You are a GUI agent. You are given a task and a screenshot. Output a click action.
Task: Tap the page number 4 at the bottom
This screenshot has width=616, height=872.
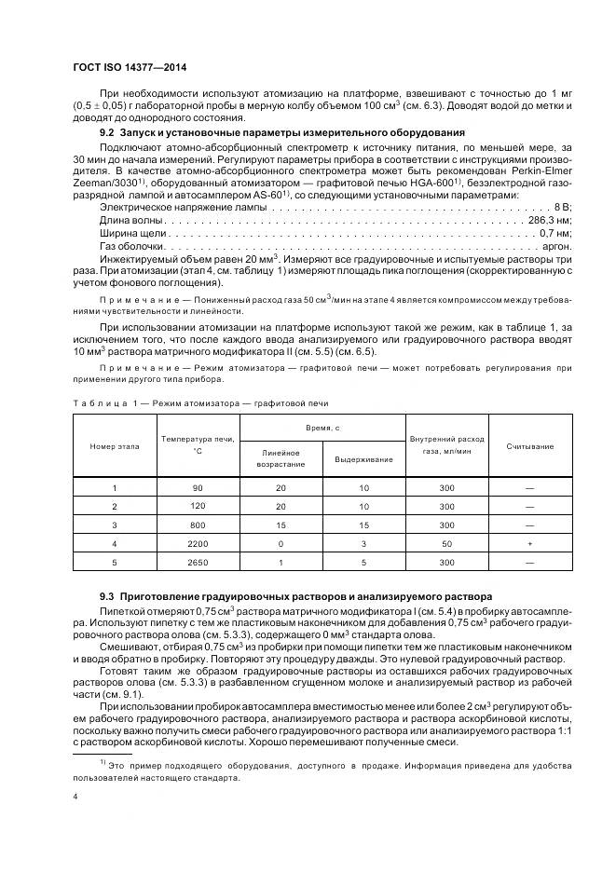tap(75, 797)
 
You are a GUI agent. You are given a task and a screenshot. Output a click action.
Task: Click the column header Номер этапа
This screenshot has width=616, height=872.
tap(115, 446)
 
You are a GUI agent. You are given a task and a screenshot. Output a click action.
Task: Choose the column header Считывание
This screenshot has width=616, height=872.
tap(529, 446)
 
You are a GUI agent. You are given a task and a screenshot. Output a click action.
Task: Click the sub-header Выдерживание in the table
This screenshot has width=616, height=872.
tap(358, 458)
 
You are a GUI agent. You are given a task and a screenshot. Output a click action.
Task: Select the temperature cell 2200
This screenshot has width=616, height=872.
tap(197, 542)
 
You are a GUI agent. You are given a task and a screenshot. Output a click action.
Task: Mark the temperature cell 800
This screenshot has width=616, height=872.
tap(197, 525)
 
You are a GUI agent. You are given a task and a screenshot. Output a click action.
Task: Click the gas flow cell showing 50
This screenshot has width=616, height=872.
tap(446, 542)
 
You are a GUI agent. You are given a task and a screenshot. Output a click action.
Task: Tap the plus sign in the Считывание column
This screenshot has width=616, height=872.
tap(529, 542)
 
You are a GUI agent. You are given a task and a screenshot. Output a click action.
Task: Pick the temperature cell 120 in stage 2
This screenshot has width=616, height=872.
tap(197, 506)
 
